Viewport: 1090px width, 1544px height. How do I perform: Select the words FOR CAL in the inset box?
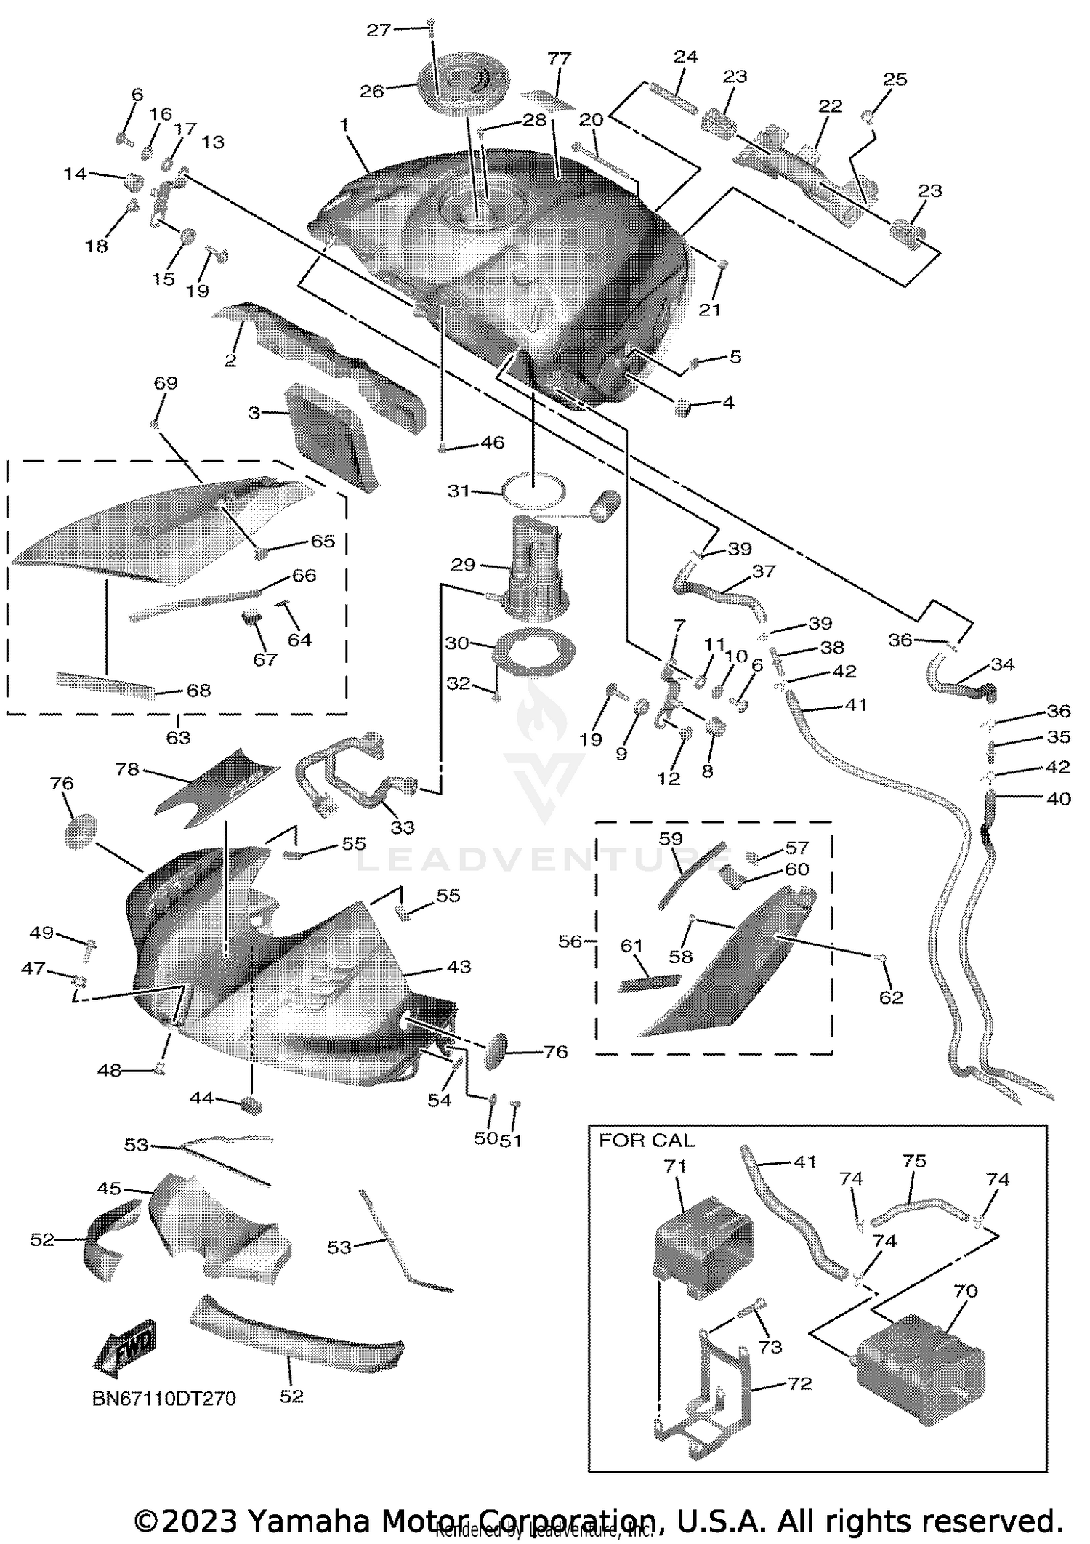coord(646,1141)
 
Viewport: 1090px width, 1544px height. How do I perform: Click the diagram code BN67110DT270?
coord(164,1399)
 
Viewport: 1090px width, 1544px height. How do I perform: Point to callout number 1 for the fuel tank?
coord(344,126)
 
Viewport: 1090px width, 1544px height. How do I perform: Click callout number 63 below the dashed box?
coord(178,738)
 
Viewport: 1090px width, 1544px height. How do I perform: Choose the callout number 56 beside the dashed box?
coord(570,941)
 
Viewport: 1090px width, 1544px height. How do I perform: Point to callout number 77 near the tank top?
coord(560,58)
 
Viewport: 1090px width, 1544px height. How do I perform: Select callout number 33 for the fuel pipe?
coord(403,827)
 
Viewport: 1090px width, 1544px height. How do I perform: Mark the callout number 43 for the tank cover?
coord(459,967)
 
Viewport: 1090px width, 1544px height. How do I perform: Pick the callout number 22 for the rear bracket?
coord(830,106)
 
